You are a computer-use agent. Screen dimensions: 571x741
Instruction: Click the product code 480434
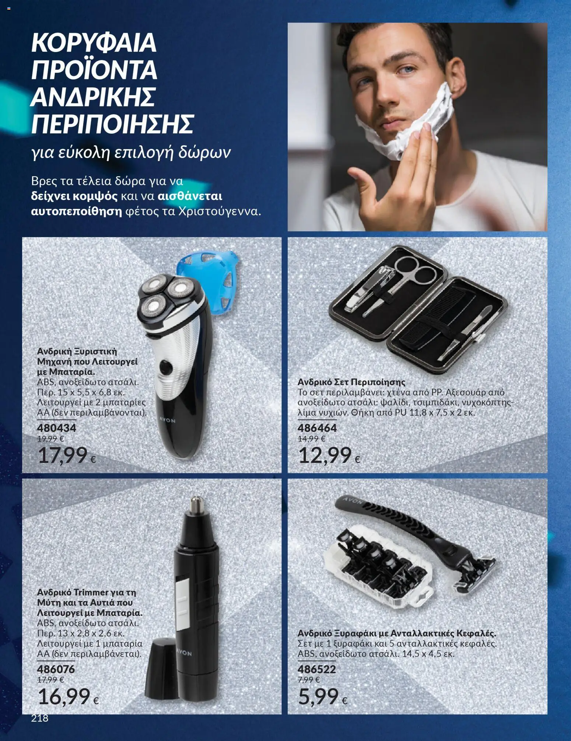point(57,428)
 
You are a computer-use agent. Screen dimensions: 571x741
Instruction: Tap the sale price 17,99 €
point(67,455)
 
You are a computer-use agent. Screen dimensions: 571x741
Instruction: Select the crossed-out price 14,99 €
point(312,438)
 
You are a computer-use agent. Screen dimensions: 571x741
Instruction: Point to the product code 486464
point(317,428)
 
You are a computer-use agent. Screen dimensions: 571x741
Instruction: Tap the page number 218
point(40,718)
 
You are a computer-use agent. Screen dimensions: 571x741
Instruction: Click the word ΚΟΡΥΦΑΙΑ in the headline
point(94,43)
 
